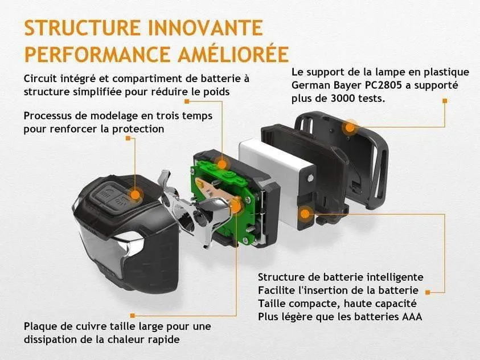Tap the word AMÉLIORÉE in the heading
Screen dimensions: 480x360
point(234,54)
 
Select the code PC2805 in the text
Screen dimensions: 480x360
point(383,85)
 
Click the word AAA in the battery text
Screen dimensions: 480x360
point(412,317)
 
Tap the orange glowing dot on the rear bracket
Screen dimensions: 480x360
point(350,127)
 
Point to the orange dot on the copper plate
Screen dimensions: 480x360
point(236,205)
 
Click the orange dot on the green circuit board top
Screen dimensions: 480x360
point(221,164)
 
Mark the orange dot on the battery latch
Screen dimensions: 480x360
point(305,214)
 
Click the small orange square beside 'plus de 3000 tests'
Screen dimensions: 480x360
point(445,101)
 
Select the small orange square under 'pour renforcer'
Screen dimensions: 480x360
point(128,138)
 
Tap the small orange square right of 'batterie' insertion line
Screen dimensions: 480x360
point(428,292)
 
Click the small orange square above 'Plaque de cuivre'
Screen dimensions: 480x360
point(133,316)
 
